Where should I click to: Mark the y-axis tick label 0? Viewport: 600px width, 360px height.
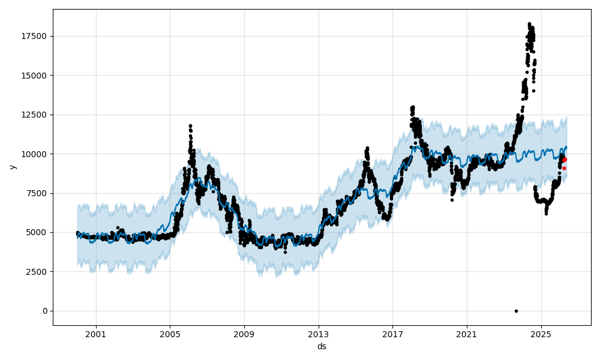point(46,311)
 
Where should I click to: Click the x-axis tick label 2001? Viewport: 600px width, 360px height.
point(96,334)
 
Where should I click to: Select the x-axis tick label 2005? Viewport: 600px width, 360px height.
point(170,334)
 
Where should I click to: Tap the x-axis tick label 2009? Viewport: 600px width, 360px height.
point(244,334)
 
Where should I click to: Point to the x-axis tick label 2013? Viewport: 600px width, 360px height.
point(319,334)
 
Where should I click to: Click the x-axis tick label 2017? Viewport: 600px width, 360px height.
point(392,334)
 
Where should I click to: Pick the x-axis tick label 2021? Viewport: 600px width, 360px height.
point(467,334)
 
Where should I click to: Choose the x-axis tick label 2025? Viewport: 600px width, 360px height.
point(541,334)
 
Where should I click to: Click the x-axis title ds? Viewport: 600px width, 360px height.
point(322,346)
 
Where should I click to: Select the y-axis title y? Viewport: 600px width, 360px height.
point(11,167)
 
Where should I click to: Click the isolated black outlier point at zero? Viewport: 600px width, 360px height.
point(516,311)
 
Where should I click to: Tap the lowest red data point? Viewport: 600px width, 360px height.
point(564,168)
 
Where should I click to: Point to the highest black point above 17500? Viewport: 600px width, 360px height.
point(529,24)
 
